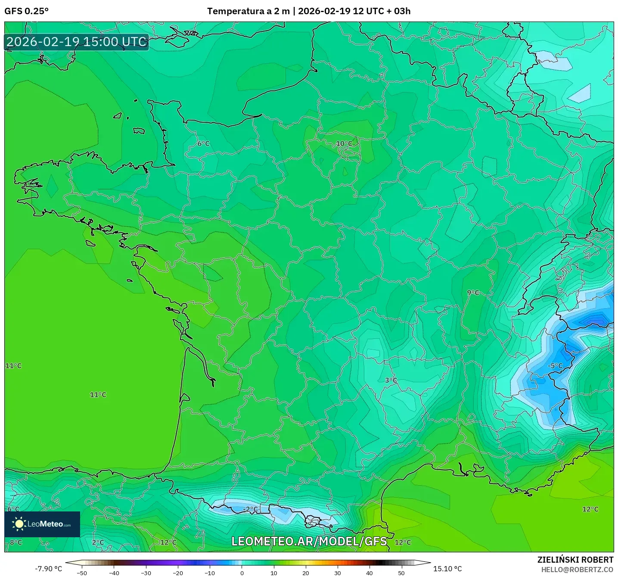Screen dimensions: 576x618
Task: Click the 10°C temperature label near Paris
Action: [x=344, y=143]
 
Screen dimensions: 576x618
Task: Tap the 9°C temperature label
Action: [x=473, y=293]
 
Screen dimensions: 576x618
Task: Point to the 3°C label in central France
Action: [x=391, y=380]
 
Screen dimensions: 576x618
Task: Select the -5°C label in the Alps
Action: [x=555, y=366]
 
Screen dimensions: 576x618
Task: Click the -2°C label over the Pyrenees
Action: [x=250, y=509]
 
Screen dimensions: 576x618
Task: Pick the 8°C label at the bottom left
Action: [x=16, y=542]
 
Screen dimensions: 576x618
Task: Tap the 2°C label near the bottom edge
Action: [x=98, y=542]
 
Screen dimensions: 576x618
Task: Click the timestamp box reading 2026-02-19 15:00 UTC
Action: [x=77, y=42]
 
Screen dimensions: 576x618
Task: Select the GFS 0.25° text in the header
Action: [x=26, y=11]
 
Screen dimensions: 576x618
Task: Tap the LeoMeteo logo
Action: [x=42, y=524]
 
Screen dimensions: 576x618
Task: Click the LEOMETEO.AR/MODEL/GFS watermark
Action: [x=309, y=541]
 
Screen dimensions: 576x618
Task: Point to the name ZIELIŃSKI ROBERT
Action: [x=575, y=560]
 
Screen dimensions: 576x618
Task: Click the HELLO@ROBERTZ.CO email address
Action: [x=577, y=570]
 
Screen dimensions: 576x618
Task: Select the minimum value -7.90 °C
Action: [x=48, y=569]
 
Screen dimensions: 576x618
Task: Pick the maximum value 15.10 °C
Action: [x=447, y=569]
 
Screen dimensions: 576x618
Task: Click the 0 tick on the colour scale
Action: [x=242, y=573]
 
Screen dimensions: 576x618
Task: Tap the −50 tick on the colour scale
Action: [x=81, y=573]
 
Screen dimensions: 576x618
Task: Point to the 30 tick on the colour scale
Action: [x=337, y=573]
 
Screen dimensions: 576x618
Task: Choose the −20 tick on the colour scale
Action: [x=177, y=573]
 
